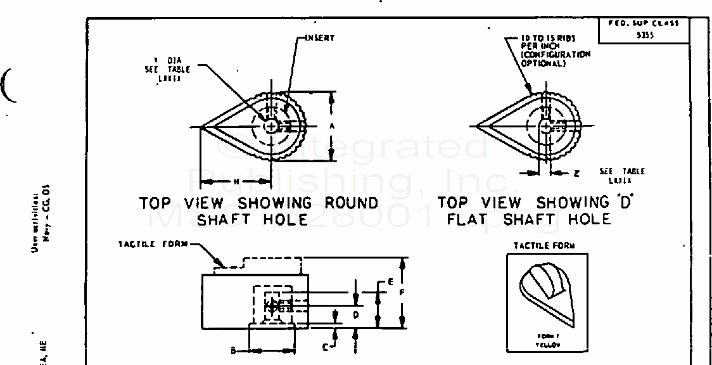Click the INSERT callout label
pos(320,38)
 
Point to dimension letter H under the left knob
pos(236,181)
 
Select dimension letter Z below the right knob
pos(577,172)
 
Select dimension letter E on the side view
pos(391,281)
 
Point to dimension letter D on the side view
pos(356,314)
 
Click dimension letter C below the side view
pos(325,346)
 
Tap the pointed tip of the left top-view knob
pos(201,126)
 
